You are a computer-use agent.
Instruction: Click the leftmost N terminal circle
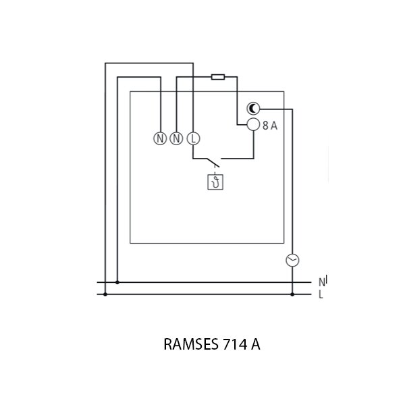pyautogui.click(x=160, y=139)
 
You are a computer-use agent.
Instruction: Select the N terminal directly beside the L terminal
pyautogui.click(x=177, y=139)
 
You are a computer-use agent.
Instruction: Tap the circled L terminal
pyautogui.click(x=193, y=139)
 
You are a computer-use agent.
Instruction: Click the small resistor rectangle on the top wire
pyautogui.click(x=218, y=77)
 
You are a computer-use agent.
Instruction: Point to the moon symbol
pyautogui.click(x=253, y=109)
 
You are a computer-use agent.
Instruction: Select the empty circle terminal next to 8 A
pyautogui.click(x=253, y=124)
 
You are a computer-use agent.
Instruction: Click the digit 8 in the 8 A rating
pyautogui.click(x=266, y=125)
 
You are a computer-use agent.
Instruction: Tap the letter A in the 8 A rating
pyautogui.click(x=274, y=125)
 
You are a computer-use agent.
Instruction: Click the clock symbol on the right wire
pyautogui.click(x=292, y=260)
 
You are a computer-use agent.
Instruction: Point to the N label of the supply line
pyautogui.click(x=321, y=282)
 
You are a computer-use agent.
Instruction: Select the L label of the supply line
pyautogui.click(x=321, y=294)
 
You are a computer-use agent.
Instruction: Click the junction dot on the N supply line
pyautogui.click(x=117, y=282)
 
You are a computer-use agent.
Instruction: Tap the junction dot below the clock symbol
pyautogui.click(x=292, y=294)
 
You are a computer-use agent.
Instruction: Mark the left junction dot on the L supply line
pyautogui.click(x=105, y=294)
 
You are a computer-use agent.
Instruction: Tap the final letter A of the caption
pyautogui.click(x=256, y=345)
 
